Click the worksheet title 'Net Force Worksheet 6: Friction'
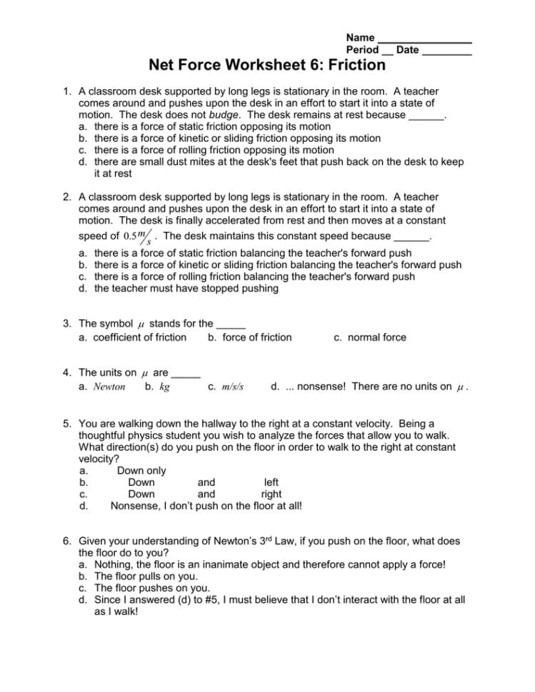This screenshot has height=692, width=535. [x=267, y=66]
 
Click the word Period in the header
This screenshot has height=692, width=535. [x=362, y=50]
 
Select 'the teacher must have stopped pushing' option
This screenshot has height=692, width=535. [x=186, y=289]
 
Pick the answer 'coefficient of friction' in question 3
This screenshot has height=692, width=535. [x=140, y=337]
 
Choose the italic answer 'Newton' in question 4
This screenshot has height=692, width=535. [x=109, y=387]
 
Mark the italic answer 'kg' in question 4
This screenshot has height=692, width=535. [x=164, y=387]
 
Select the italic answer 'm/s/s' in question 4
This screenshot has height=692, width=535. [x=233, y=387]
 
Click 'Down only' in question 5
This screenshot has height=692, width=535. [x=141, y=471]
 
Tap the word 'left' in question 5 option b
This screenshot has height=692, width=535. [x=271, y=482]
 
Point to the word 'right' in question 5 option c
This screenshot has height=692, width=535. [x=271, y=494]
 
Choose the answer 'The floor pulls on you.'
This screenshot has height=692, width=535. [x=146, y=576]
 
